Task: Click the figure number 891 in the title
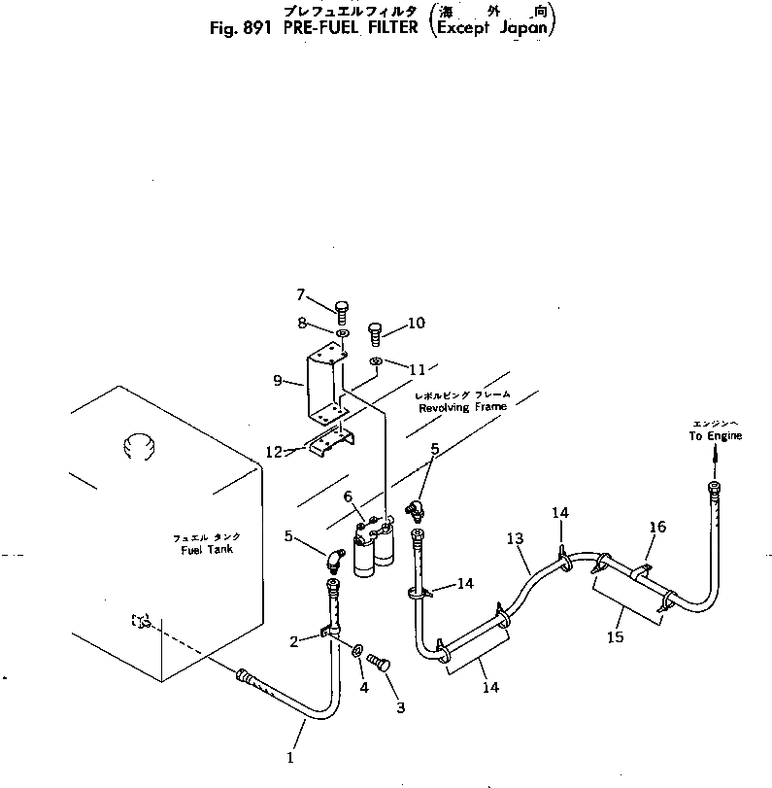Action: (x=261, y=27)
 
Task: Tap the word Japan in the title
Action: (x=522, y=27)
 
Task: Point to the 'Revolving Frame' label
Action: (x=462, y=408)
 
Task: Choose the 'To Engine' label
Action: (x=716, y=436)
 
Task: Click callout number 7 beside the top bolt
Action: (x=301, y=293)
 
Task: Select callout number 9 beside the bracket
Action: (x=279, y=381)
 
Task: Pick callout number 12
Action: (x=274, y=451)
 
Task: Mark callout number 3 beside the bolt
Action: (x=399, y=707)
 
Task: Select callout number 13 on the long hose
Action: (x=515, y=539)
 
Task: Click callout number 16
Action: (x=657, y=528)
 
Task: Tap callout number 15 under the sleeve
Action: (x=614, y=638)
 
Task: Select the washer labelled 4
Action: (x=358, y=649)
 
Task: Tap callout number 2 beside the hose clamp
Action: (x=293, y=640)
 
